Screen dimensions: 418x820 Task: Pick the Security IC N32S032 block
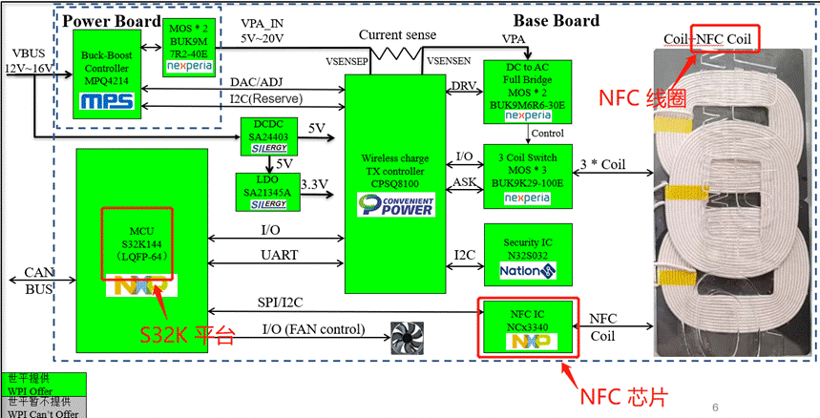[x=527, y=254]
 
